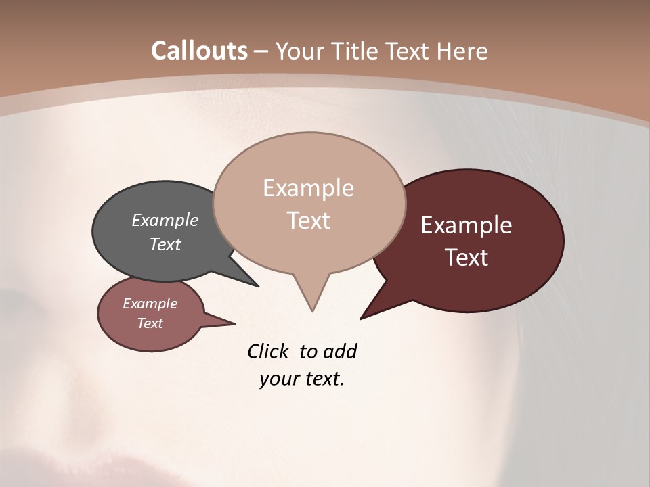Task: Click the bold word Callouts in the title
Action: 199,51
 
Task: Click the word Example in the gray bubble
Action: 165,220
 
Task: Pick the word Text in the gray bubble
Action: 165,244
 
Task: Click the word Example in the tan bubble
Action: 308,188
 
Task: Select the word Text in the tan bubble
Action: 308,221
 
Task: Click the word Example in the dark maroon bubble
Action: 467,225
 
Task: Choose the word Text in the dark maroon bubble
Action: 467,258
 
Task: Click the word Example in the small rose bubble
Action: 150,304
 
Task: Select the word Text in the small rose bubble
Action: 150,323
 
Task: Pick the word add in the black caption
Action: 339,351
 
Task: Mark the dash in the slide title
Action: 261,52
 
